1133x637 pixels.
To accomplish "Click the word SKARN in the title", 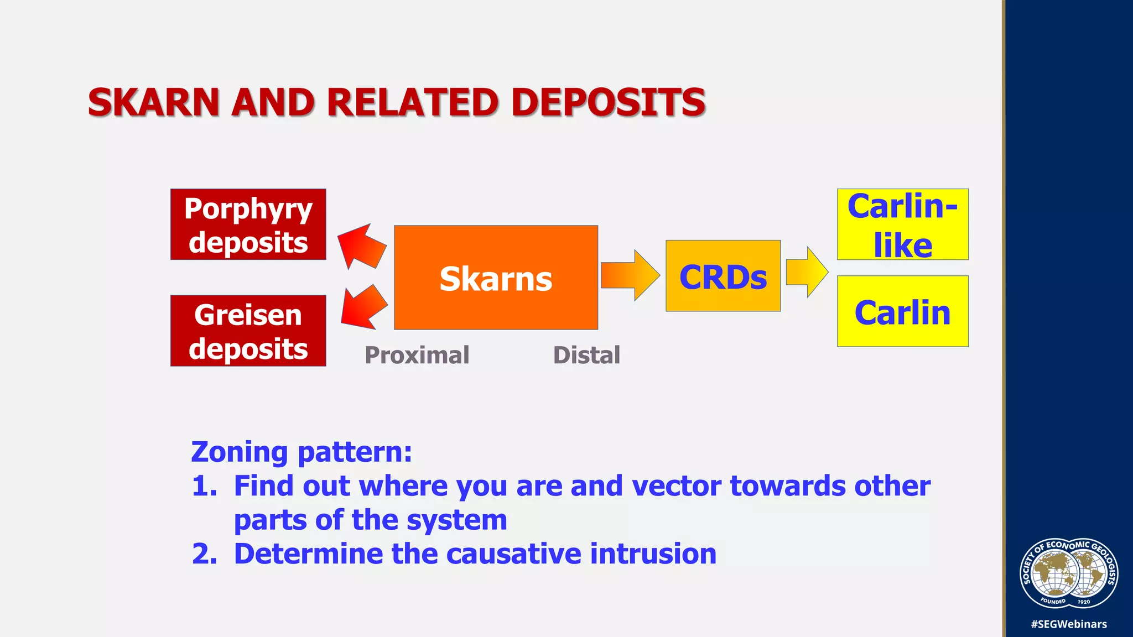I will pos(154,103).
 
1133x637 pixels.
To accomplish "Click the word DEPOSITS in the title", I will pos(608,103).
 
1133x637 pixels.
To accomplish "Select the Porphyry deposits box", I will pos(248,224).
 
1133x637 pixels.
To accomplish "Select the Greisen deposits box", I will pos(248,331).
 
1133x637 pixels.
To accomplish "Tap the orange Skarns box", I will pos(496,278).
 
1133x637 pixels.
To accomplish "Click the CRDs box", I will pos(723,276).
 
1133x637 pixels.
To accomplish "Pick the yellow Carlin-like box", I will pos(902,224).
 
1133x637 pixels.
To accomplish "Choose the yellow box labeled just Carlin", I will pos(902,311).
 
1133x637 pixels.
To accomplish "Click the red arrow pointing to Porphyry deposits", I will pos(361,246).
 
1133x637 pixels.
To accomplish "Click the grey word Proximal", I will pos(417,355).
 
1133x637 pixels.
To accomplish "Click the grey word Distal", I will pos(586,355).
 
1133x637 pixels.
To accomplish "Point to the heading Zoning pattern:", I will pos(302,452).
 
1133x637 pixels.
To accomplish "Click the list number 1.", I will pos(204,486).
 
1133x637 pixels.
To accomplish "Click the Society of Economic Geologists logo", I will pos(1069,573).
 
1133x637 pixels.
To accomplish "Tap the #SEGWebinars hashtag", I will pos(1069,624).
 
